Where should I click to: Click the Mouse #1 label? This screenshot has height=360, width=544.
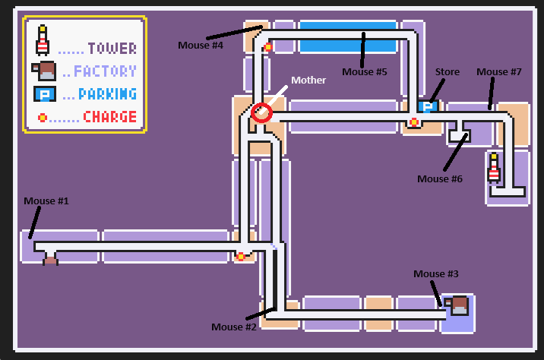point(46,201)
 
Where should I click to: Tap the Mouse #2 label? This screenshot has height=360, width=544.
point(234,327)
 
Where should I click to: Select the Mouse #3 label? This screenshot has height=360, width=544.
point(435,273)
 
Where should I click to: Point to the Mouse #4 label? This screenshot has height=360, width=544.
point(201,45)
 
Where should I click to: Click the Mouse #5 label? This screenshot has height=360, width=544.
point(365,72)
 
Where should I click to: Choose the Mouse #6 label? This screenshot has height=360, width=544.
point(440,178)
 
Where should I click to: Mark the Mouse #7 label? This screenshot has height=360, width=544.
point(498,72)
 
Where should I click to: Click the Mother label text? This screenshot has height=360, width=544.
point(309,80)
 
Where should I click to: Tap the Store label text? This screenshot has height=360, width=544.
point(448,72)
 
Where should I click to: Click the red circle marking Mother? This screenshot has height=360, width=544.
point(261,112)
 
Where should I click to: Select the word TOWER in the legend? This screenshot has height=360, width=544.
point(112,49)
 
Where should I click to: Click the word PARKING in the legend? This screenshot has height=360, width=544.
point(108,94)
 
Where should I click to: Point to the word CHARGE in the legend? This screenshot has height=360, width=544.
point(110,117)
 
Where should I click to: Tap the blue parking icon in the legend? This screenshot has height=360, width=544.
point(43,94)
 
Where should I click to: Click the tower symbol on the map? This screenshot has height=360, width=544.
point(494,168)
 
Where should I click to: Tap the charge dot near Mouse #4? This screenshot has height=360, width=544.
point(268,47)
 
